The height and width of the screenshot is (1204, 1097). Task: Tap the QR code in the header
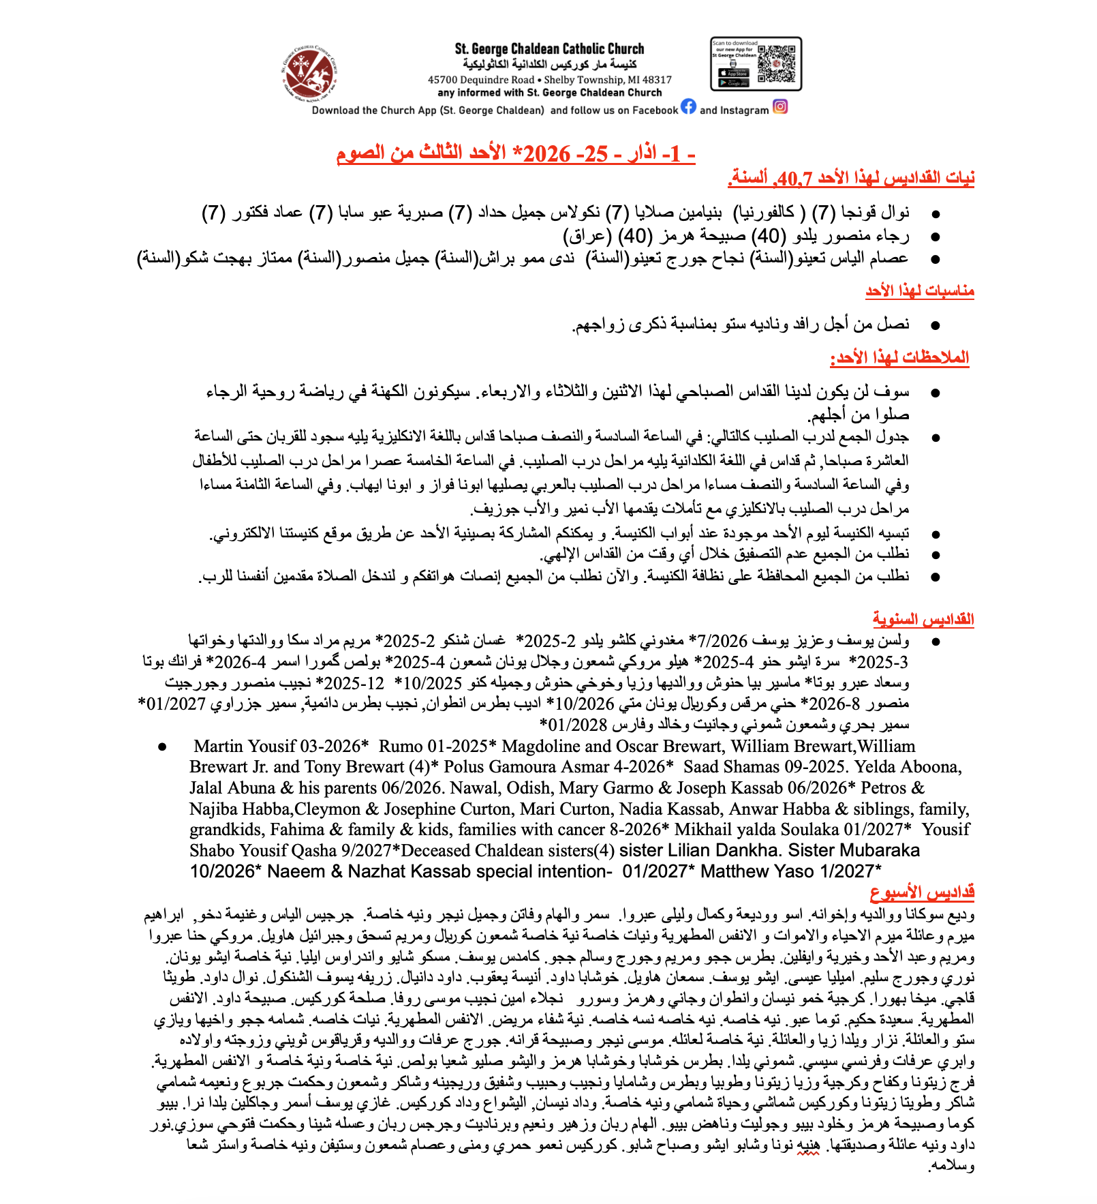point(777,63)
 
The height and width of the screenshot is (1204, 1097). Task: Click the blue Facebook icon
point(689,107)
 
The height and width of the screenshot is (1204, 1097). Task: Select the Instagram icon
point(780,107)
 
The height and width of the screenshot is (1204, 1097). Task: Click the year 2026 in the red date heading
point(546,153)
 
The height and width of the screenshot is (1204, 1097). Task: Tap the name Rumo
point(401,747)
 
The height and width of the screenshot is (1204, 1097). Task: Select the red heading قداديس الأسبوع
point(922,892)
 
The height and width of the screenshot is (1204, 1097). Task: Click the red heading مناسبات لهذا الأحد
point(920,291)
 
